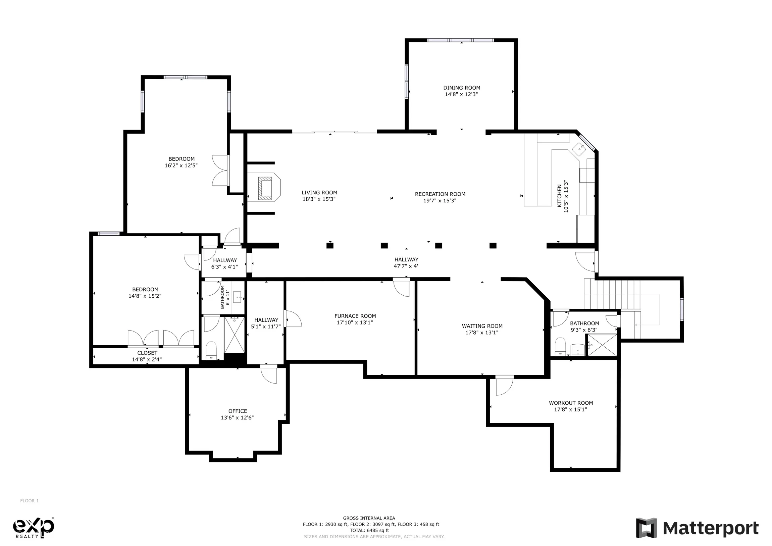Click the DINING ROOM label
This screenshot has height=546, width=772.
coord(462,88)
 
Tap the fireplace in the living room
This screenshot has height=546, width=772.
coord(264,188)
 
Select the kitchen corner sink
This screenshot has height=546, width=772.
coord(579,148)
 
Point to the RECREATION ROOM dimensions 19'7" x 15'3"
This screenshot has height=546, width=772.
coord(440,201)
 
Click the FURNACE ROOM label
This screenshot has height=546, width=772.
coord(355,316)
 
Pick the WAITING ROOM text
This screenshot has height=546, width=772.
coord(482,326)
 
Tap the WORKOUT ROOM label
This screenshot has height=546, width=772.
coord(571,403)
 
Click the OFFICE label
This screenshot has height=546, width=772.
coord(238,411)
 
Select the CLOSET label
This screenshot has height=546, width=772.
coord(147,353)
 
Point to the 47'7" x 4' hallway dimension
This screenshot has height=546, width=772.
coord(406,266)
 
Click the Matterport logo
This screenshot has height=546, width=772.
coord(697,528)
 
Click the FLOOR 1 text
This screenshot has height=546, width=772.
coord(30,501)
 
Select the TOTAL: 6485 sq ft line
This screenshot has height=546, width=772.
coord(369,531)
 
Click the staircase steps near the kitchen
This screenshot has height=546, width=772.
coord(612,294)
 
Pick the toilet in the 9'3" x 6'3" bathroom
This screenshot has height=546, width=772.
coord(560,346)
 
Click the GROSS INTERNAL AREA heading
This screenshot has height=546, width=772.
coord(369,518)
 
